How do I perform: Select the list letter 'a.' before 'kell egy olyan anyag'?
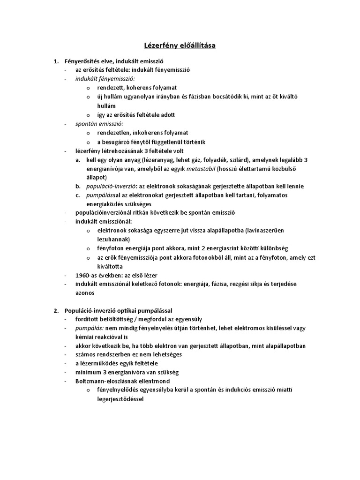78,160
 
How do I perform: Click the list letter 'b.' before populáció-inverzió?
78,186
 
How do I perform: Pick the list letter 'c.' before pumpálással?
78,195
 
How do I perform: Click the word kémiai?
85,337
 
